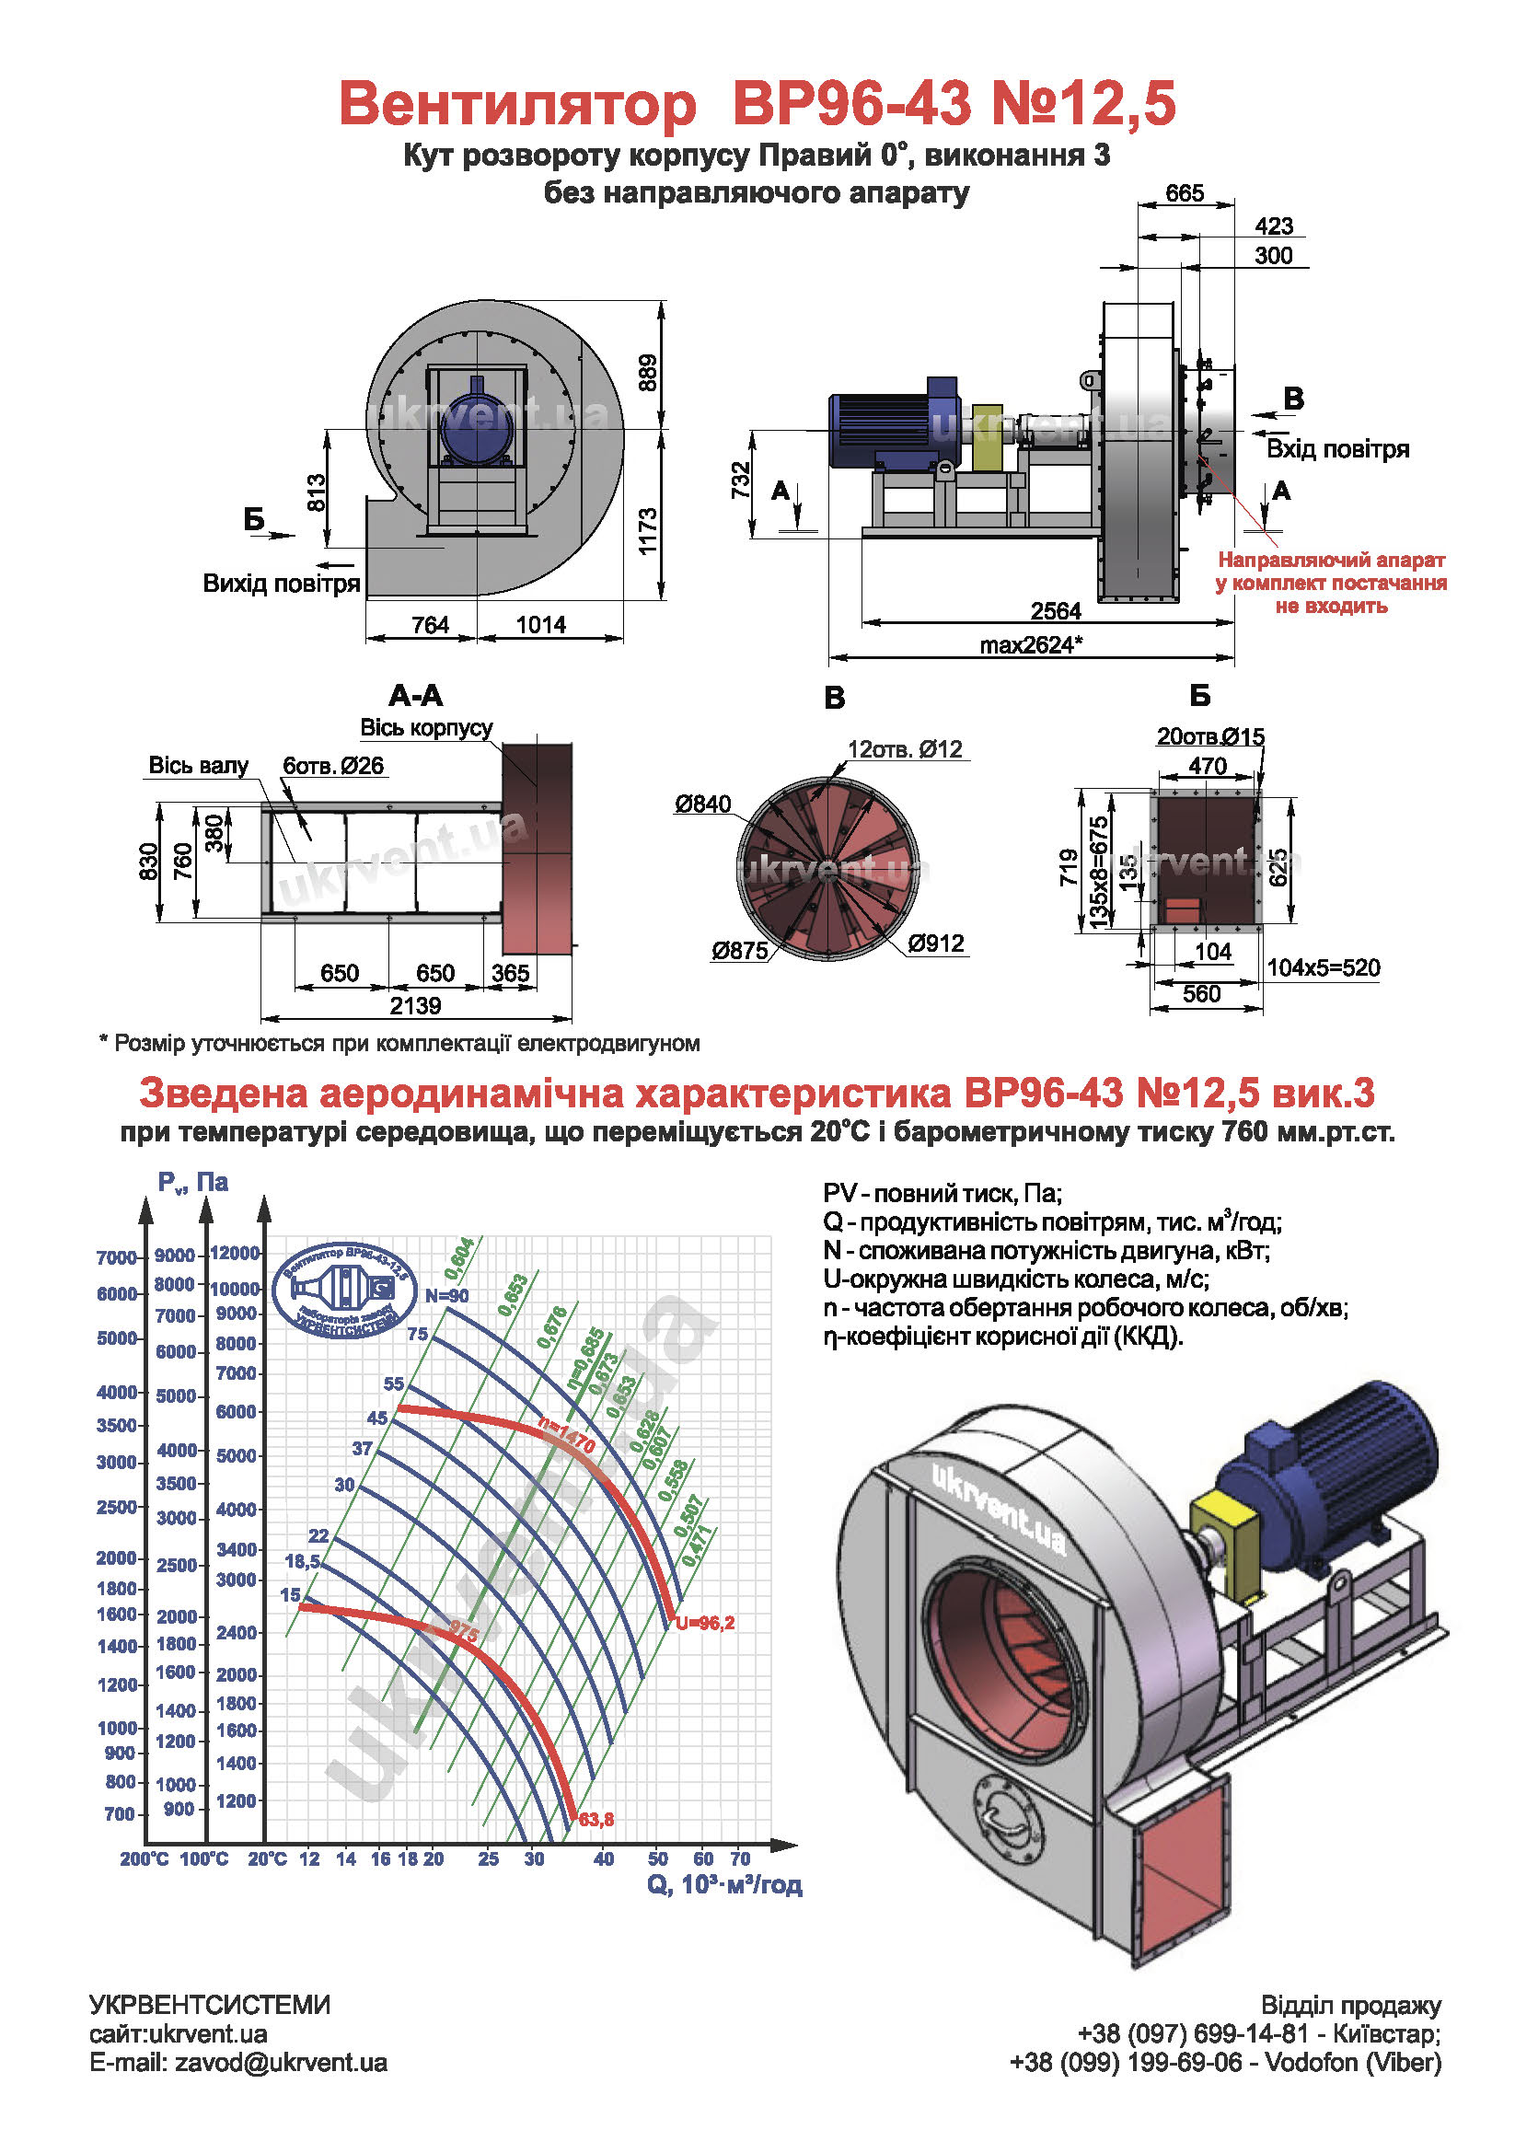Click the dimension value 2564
pos(1056,611)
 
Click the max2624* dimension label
pos(1031,645)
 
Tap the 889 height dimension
pos(648,372)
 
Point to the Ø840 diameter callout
pos(702,804)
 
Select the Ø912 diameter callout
pos(936,943)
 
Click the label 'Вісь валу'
pos(199,765)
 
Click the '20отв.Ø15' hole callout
pos(1210,736)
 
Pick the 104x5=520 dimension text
pos(1323,967)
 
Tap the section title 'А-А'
pos(415,695)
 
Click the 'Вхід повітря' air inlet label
pos(1337,448)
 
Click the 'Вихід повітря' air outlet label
pos(282,584)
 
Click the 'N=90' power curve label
pos(447,1295)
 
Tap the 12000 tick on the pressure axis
pos(235,1253)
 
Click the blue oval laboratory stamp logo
pos(344,1291)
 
